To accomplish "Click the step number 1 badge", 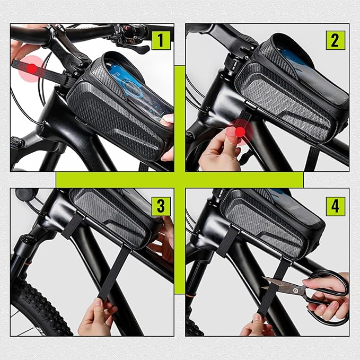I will tap(161, 40).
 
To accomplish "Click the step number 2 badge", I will tap(335, 40).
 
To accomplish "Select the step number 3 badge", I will tap(161, 206).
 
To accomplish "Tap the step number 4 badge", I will tap(335, 206).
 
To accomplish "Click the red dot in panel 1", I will tap(32, 68).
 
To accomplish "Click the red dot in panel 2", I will tap(240, 131).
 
